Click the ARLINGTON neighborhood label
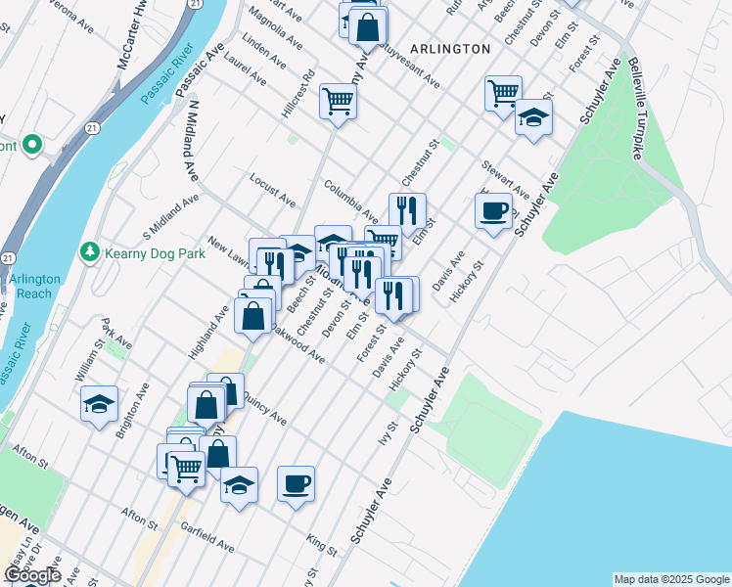click(x=450, y=48)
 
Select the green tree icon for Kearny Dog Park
click(x=91, y=252)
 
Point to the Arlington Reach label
click(x=35, y=286)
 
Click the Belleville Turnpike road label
click(x=637, y=109)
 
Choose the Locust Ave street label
click(x=272, y=192)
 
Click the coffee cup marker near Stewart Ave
click(x=493, y=210)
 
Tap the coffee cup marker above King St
click(x=296, y=483)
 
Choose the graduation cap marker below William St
click(x=99, y=404)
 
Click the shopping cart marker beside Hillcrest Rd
click(x=338, y=101)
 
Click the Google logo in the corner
click(x=32, y=575)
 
